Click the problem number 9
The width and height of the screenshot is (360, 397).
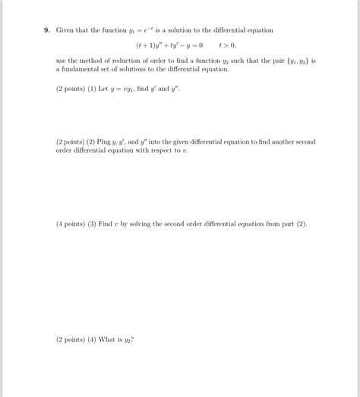click(x=46, y=30)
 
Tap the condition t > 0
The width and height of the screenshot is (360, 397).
click(x=227, y=45)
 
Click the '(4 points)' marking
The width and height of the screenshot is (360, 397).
click(x=71, y=225)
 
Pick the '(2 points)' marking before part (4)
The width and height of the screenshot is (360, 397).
click(x=71, y=339)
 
